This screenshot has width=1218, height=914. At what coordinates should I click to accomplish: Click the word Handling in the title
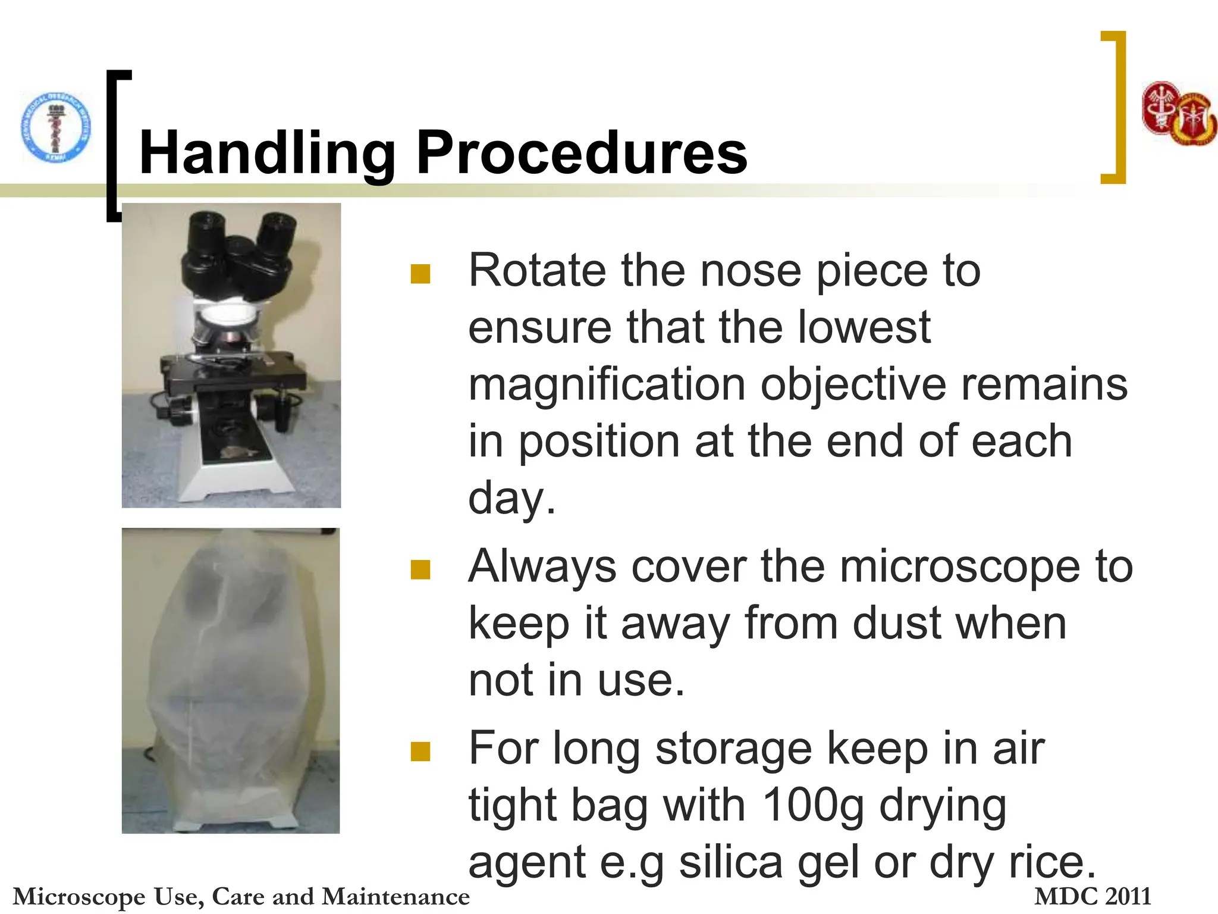coord(267,154)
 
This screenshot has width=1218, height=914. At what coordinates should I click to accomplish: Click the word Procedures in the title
coord(581,154)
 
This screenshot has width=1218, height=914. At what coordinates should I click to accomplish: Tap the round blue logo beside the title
coord(56,127)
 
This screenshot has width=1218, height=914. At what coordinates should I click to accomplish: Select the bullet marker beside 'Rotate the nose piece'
coord(420,274)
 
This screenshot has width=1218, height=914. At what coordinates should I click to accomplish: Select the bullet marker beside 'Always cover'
coord(420,569)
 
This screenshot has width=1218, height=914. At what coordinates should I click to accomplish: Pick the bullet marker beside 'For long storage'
coord(420,752)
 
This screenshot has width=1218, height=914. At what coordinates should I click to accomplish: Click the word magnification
coord(607,385)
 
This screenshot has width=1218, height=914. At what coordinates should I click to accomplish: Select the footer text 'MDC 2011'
coord(1093,896)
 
